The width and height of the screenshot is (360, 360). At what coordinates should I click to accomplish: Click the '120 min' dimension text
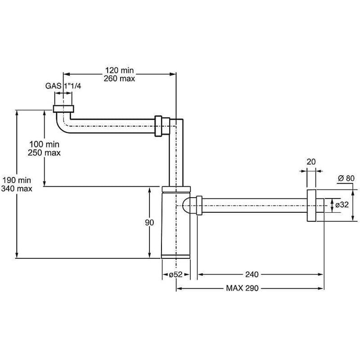click(119, 70)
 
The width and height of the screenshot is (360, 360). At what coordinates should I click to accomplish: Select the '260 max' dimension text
click(119, 78)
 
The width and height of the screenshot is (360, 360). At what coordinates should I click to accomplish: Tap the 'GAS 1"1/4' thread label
click(63, 86)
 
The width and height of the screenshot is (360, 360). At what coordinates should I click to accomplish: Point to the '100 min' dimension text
click(44, 144)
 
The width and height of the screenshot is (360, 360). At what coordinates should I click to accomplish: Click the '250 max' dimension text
click(44, 153)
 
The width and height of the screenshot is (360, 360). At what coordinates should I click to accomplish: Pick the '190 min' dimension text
click(17, 180)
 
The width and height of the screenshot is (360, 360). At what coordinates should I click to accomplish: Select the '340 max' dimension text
click(17, 189)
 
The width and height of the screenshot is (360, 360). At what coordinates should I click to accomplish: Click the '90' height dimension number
click(149, 222)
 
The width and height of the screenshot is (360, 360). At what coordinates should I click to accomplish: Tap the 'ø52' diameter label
click(175, 274)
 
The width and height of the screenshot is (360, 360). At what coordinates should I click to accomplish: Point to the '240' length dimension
click(252, 274)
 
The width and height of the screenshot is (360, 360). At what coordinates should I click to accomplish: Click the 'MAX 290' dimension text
click(242, 288)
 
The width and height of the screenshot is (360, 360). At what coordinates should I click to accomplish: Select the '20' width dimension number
click(311, 162)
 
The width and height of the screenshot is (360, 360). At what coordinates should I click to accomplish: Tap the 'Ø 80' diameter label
click(346, 178)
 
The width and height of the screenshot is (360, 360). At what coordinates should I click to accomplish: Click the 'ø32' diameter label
click(342, 205)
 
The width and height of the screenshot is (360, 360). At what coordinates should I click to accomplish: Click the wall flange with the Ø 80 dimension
click(311, 206)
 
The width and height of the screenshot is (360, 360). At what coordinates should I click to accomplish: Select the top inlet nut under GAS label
click(63, 109)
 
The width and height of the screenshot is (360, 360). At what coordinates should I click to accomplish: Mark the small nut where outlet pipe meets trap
click(199, 206)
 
